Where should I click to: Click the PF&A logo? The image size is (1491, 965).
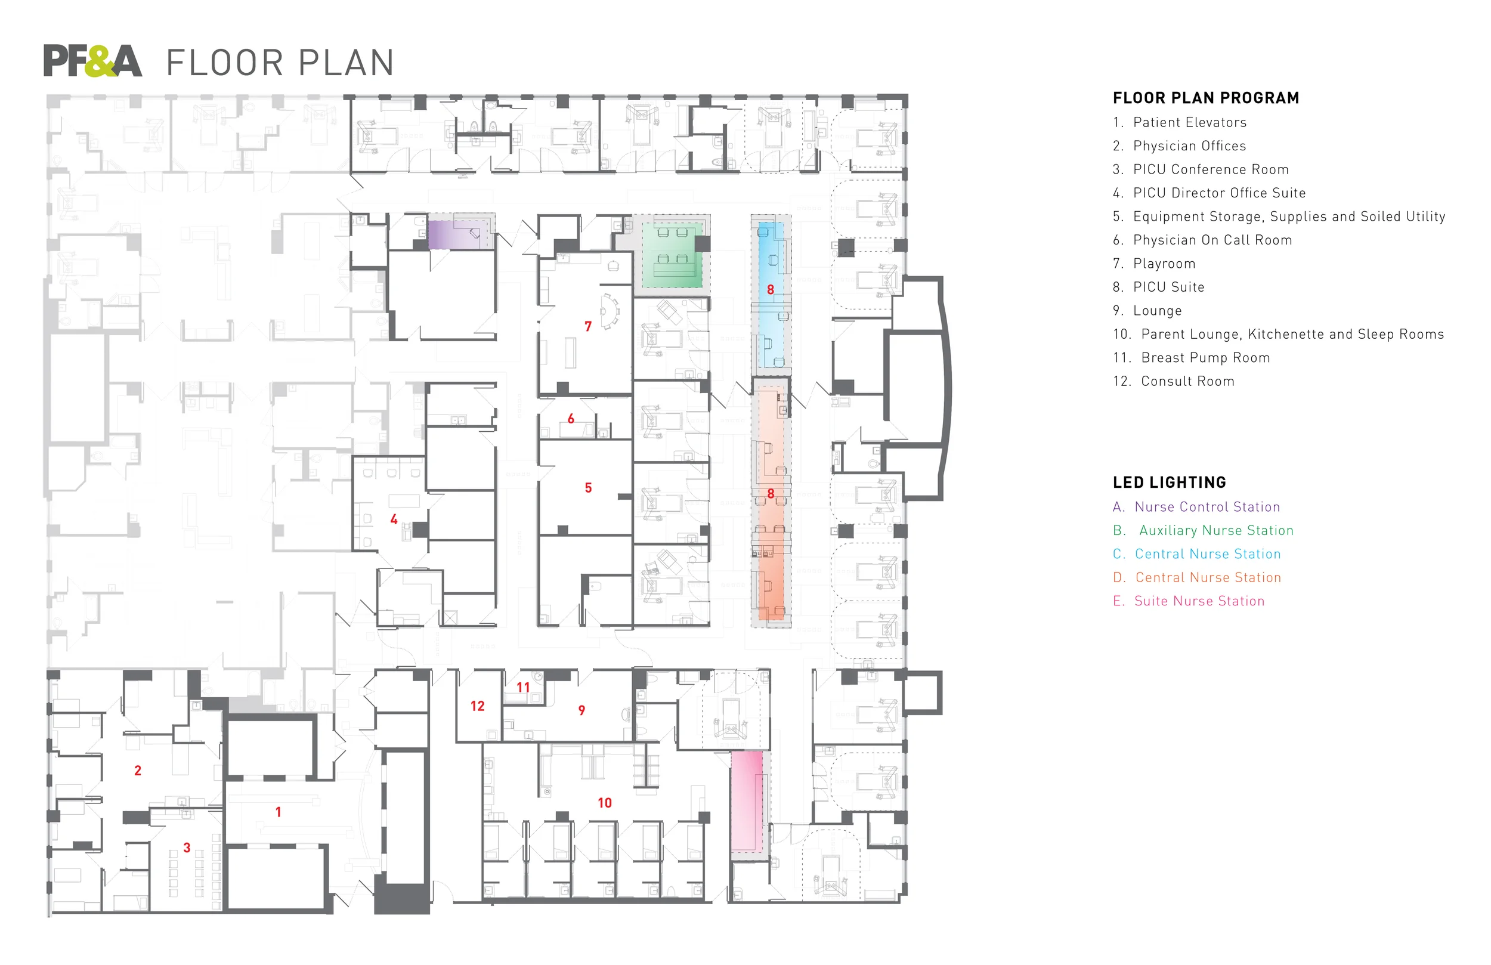tap(92, 61)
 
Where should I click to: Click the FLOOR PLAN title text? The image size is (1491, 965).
tap(280, 63)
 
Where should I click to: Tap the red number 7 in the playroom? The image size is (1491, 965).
tap(587, 326)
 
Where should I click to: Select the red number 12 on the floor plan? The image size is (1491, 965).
tap(477, 706)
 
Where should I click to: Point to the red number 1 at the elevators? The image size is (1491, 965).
tap(278, 812)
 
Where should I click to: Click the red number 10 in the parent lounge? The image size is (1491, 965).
tap(605, 803)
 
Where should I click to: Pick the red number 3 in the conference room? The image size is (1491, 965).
tap(187, 848)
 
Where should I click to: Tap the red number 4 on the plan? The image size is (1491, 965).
tap(394, 519)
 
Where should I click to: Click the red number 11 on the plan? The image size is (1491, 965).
tap(523, 688)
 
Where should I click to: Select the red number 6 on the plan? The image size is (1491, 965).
tap(571, 419)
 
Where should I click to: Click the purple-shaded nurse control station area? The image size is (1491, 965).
tap(459, 234)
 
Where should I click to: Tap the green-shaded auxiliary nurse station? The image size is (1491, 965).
tap(672, 255)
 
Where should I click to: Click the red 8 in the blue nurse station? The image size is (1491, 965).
tap(771, 289)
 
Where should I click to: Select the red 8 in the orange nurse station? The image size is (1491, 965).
tap(771, 494)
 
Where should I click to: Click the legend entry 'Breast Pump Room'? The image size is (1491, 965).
tap(1205, 358)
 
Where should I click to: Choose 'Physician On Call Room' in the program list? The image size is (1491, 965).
tap(1212, 240)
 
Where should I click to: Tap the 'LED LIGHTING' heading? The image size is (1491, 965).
tap(1169, 482)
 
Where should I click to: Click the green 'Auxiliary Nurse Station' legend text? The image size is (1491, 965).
tap(1215, 531)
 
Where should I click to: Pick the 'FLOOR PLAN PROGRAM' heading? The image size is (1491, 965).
tap(1205, 98)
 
